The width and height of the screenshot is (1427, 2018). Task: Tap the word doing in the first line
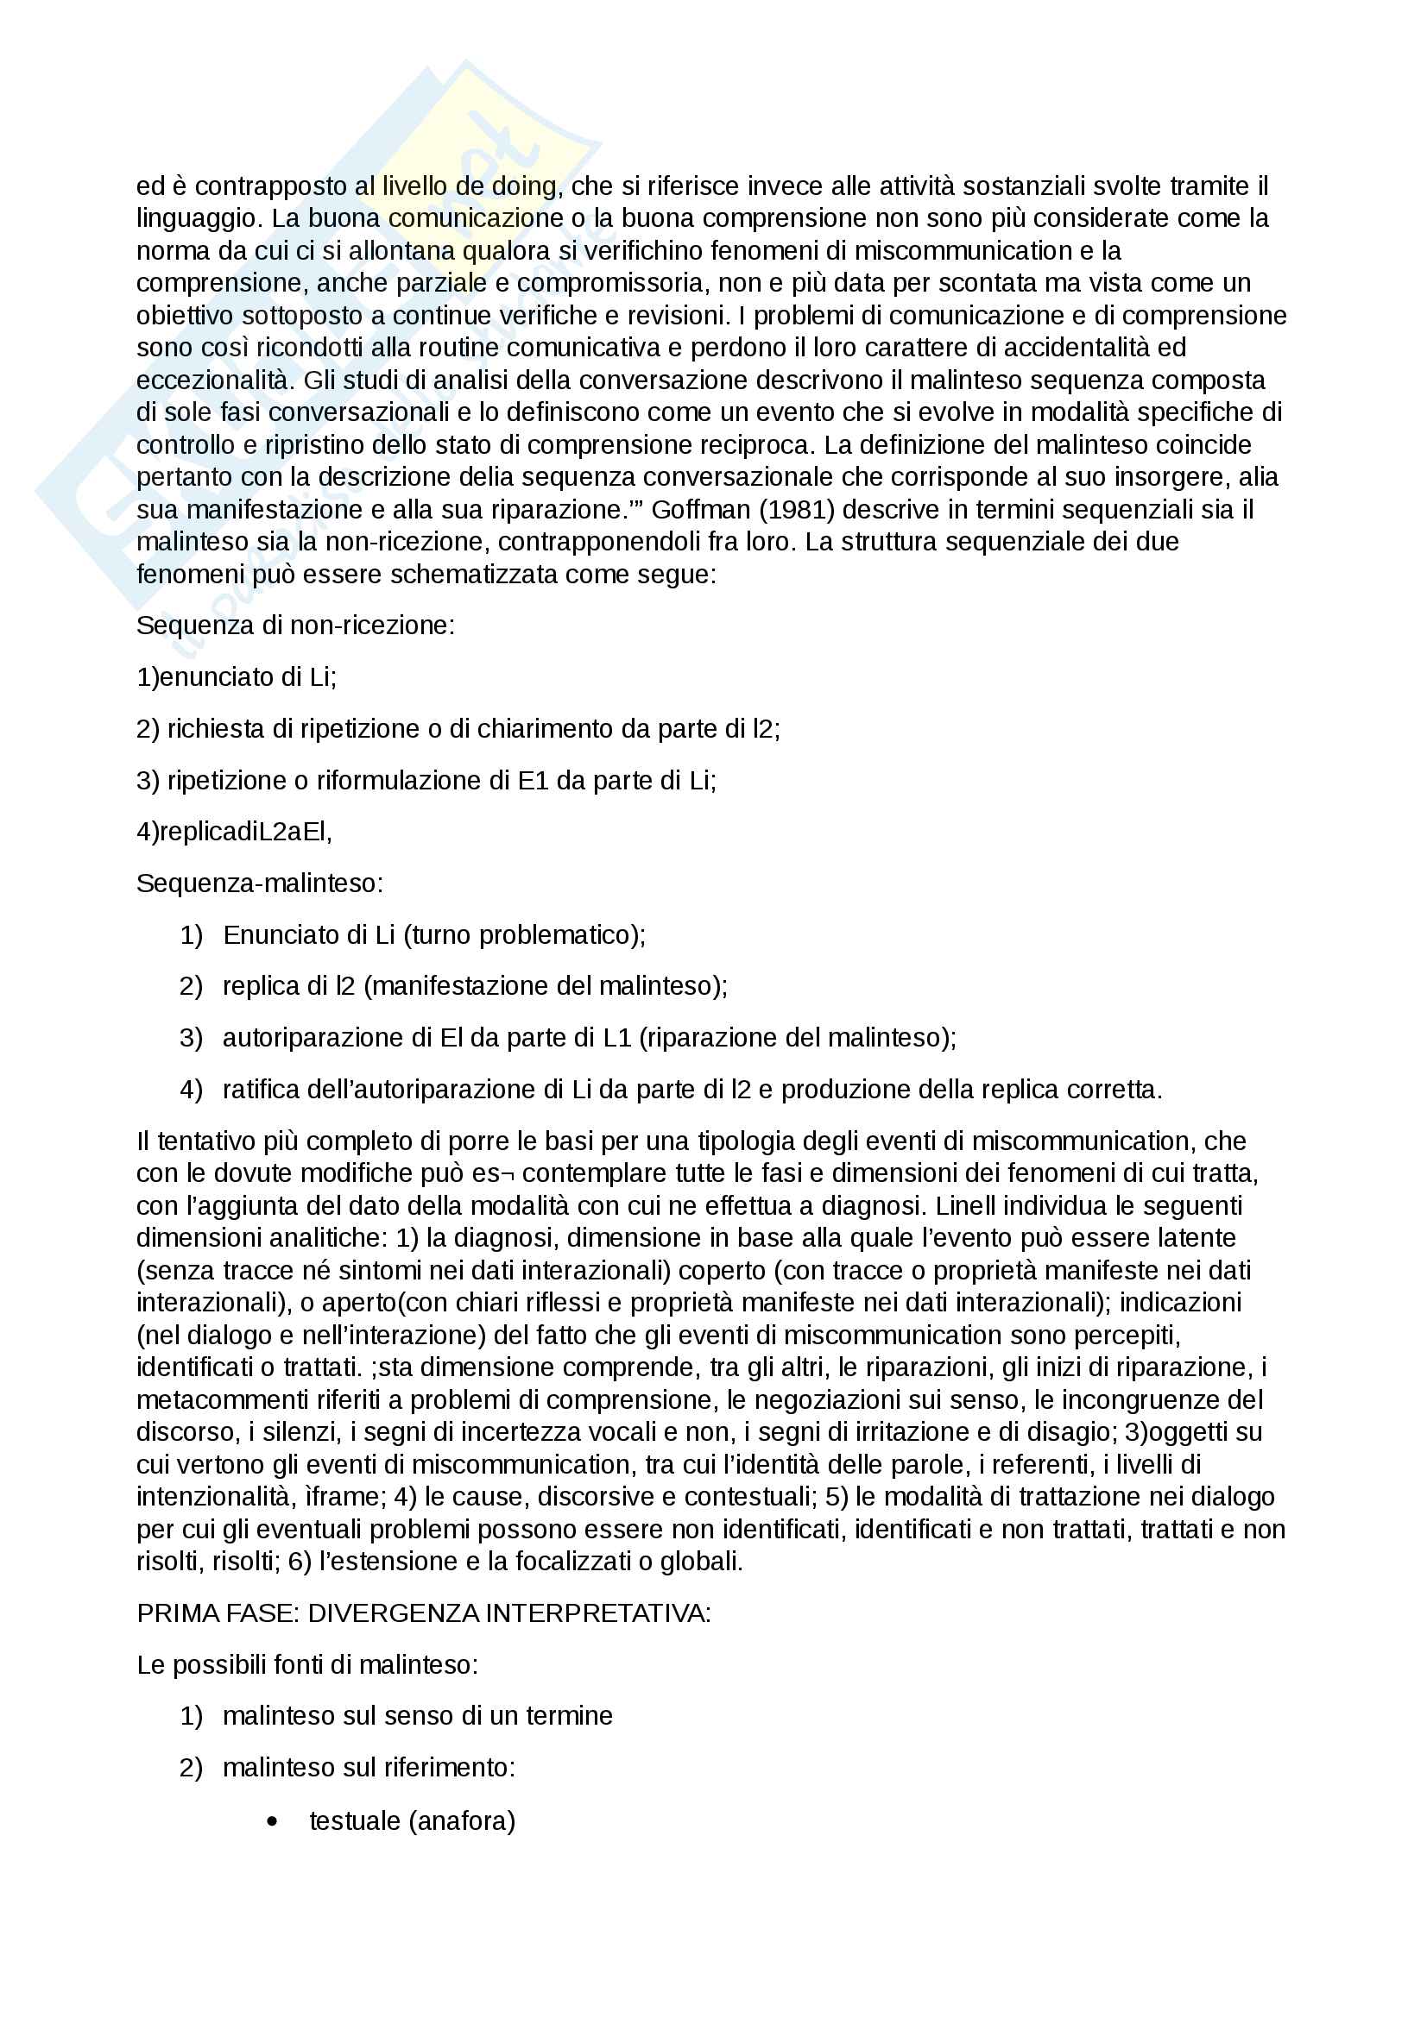point(524,186)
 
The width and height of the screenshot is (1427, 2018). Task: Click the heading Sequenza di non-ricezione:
point(295,626)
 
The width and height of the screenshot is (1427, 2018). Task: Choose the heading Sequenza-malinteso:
point(259,883)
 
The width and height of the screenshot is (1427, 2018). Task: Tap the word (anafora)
point(462,1821)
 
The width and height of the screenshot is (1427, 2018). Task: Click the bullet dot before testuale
point(272,1822)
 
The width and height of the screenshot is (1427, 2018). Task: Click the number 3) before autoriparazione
point(191,1038)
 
